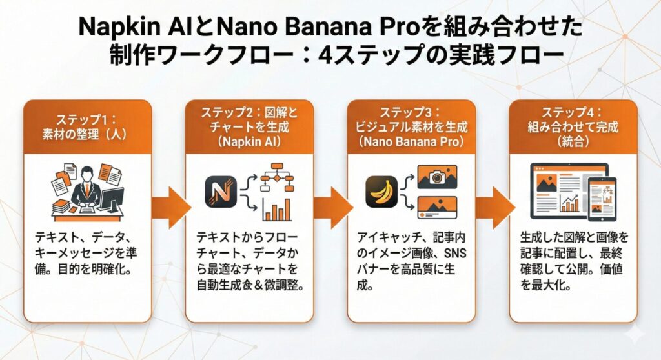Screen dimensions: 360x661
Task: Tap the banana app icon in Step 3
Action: (x=381, y=191)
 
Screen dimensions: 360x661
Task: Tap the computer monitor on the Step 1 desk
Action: (x=112, y=200)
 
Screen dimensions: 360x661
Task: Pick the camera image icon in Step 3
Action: (x=436, y=176)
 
